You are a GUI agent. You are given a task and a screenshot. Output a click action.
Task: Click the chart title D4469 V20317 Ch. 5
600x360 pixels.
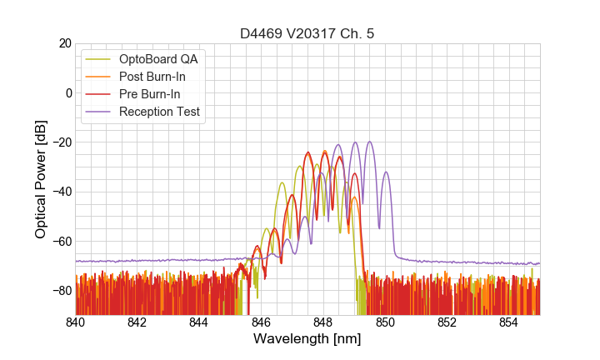[307, 33]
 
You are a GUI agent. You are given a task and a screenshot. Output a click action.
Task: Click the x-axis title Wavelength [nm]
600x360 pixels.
[307, 339]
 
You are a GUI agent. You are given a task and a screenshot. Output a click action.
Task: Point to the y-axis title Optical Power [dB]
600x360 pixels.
[41, 179]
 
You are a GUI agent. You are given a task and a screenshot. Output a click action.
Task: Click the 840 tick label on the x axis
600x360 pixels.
[76, 322]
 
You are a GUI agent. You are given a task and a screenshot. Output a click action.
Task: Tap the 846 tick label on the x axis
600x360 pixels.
[261, 322]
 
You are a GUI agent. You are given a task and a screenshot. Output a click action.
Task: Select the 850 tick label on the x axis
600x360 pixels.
[385, 322]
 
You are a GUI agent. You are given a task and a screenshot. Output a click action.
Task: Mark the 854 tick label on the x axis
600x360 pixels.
[508, 322]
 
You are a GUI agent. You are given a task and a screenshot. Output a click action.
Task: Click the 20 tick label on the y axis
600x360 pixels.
[64, 43]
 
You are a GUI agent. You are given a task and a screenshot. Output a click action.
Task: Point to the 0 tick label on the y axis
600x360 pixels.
[67, 92]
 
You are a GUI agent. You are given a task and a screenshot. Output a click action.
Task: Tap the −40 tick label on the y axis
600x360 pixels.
[61, 192]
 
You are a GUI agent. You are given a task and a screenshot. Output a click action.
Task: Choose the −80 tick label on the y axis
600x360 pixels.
[61, 291]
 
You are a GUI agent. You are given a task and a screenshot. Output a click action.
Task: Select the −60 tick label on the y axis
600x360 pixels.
[61, 242]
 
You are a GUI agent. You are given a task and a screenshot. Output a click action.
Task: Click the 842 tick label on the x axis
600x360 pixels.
[137, 322]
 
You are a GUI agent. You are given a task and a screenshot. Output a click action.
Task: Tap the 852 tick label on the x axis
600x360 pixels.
[447, 322]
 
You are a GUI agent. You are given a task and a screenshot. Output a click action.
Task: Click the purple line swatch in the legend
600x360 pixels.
[102, 112]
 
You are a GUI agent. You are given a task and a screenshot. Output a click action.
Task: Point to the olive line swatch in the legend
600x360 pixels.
[102, 59]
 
